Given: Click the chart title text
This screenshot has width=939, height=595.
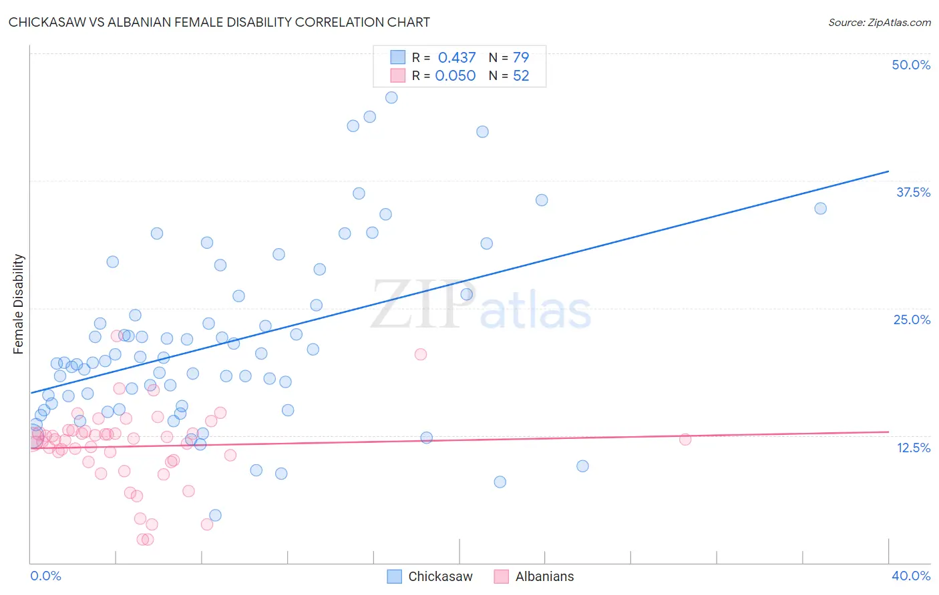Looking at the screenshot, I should click(219, 22).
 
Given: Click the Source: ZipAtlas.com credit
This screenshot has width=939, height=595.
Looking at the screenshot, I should click(879, 22).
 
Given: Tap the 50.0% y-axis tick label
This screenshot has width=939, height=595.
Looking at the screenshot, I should click(911, 65).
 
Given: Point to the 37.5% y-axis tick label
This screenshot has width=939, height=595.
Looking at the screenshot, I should click(913, 192).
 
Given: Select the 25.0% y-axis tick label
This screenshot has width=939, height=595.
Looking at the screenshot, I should click(912, 320).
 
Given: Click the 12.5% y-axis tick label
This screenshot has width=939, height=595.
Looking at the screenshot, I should click(913, 447).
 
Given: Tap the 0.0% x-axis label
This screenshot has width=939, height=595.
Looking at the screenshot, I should click(45, 576).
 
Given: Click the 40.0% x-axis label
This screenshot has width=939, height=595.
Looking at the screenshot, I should click(911, 576).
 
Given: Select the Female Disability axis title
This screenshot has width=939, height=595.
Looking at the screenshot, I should click(19, 304).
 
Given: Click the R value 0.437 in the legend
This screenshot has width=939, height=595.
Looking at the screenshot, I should click(457, 57).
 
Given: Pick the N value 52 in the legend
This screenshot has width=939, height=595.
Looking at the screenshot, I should click(521, 75).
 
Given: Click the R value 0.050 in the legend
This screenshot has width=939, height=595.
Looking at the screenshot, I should click(455, 75).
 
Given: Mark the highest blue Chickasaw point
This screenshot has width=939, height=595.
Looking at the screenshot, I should click(391, 97).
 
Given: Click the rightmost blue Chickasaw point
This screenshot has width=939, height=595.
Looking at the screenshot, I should click(820, 208).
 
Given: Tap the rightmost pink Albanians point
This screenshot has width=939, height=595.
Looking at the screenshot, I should click(685, 439).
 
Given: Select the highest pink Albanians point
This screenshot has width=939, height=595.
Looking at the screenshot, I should click(420, 354).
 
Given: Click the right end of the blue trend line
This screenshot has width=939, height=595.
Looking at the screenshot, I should click(888, 171).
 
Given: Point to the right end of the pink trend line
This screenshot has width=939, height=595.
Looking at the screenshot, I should click(888, 432).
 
